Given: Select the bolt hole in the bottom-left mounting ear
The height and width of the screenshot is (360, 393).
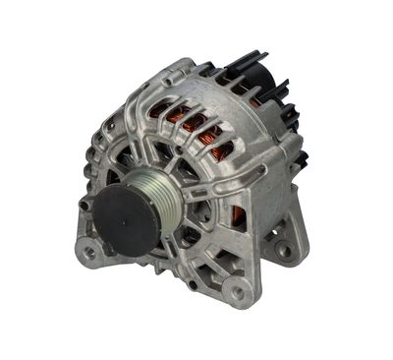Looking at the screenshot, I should tap(91, 252).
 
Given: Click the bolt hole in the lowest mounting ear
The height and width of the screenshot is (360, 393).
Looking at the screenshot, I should tap(236, 291).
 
